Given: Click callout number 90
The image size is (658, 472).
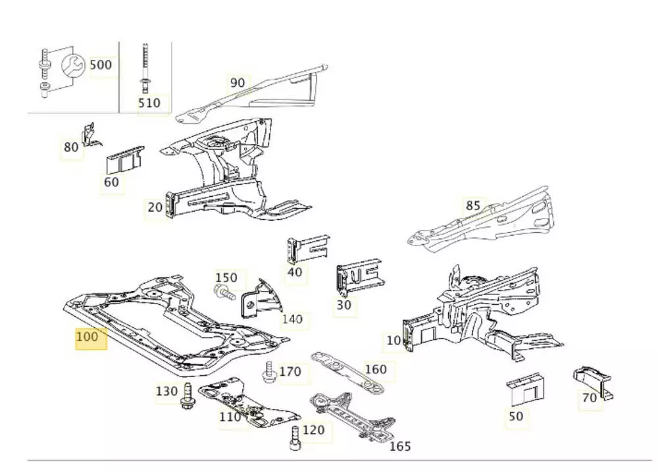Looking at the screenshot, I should (237, 82).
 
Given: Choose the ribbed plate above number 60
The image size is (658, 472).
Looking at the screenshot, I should (124, 158).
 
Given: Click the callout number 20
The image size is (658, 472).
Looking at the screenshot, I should (155, 207).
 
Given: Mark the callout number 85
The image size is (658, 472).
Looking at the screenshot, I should (473, 205).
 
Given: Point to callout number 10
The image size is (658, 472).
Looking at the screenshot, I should (393, 340).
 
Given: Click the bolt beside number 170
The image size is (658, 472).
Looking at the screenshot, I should (268, 372).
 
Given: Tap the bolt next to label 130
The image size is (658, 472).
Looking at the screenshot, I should (186, 395).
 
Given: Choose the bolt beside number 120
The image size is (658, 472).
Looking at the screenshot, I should (295, 436).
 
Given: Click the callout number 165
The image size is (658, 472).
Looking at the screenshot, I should (400, 446).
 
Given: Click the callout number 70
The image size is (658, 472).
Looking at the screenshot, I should (590, 397).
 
